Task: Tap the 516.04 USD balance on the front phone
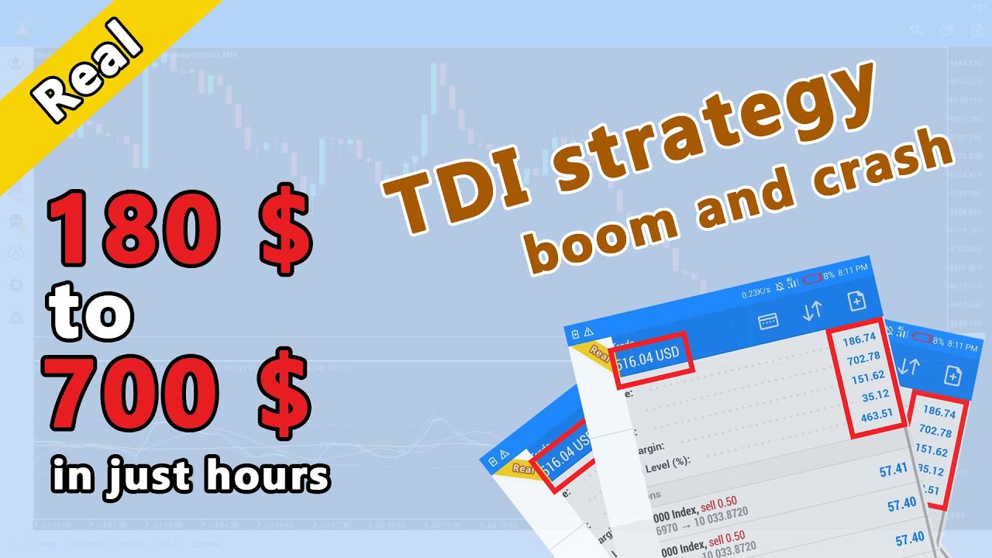click(x=649, y=355)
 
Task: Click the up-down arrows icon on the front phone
click(x=812, y=311)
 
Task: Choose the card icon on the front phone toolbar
click(x=768, y=321)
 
